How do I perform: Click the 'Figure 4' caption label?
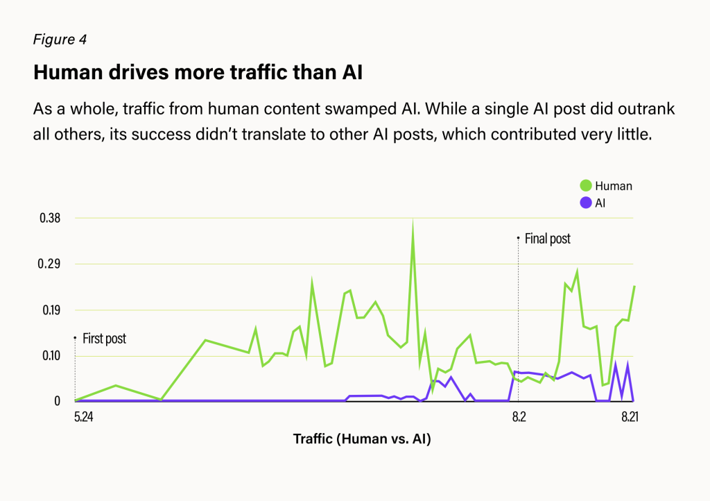pos(60,40)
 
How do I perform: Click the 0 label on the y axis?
pos(58,401)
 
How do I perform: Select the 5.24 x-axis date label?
pos(83,417)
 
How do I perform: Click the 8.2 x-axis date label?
pos(519,417)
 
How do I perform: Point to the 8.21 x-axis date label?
pos(629,417)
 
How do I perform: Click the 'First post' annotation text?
pos(104,339)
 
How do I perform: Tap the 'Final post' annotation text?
pos(547,239)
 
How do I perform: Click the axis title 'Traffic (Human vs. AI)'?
pos(362,439)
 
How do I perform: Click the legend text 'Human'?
pos(614,186)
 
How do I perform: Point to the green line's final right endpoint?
pos(634,287)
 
